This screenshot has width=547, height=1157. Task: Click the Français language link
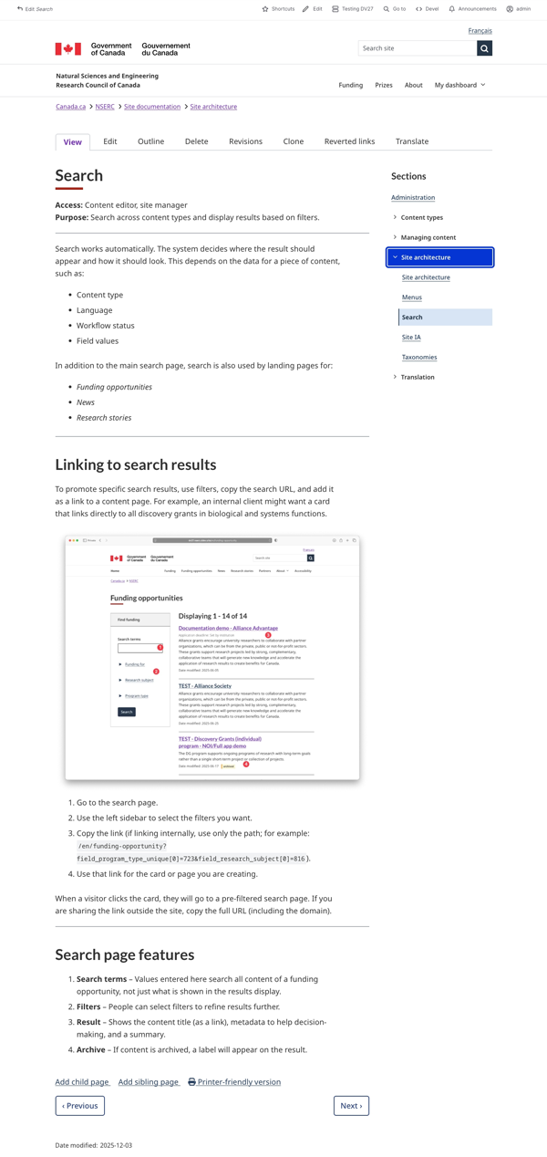click(480, 31)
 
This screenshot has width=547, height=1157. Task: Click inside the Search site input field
click(417, 48)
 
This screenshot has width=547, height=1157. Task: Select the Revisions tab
click(245, 141)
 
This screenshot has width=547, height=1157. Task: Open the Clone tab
click(293, 141)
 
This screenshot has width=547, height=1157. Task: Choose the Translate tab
click(411, 141)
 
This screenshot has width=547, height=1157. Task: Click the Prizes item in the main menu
click(384, 85)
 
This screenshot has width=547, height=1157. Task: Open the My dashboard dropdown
click(459, 85)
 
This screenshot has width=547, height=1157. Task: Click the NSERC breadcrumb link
click(105, 107)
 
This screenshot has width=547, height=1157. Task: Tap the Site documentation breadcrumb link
click(152, 107)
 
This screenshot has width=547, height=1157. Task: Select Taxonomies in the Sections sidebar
click(419, 357)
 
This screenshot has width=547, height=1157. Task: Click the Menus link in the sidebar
click(412, 297)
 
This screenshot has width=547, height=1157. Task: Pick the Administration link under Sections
click(413, 197)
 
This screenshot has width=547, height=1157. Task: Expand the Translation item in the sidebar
click(417, 377)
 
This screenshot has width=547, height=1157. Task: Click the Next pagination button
click(351, 1105)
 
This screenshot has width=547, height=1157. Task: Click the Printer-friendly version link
click(234, 1082)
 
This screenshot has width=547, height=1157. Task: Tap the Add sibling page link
click(149, 1082)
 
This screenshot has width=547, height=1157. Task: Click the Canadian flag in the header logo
click(68, 48)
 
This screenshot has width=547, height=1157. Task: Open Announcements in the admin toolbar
click(472, 9)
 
